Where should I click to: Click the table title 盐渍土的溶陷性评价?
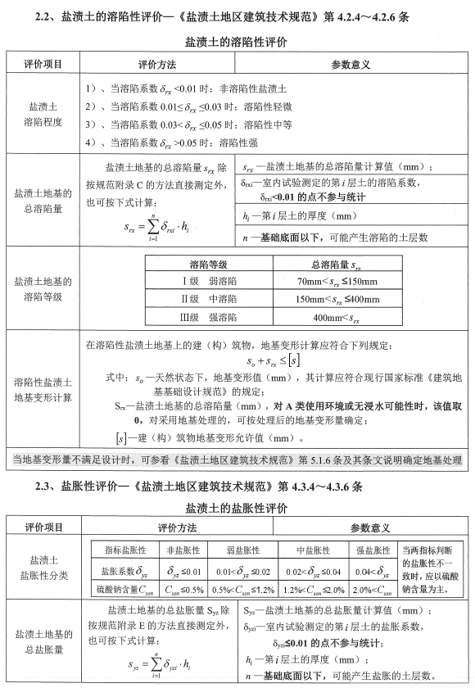pos(237,42)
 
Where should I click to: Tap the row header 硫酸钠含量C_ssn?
pos(124,587)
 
